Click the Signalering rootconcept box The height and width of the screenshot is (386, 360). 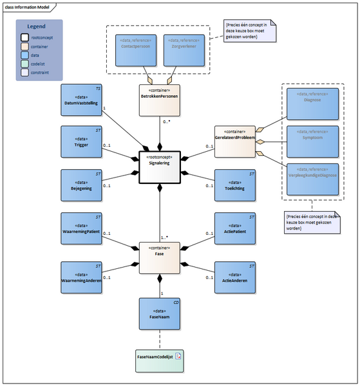point(159,167)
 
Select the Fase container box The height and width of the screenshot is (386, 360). point(159,254)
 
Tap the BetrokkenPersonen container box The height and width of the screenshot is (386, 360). point(159,102)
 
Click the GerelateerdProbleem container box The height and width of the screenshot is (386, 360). point(235,142)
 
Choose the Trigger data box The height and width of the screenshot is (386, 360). point(81,142)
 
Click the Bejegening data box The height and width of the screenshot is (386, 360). point(81,185)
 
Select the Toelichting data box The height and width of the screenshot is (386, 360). point(235,185)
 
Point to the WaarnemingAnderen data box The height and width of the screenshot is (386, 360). point(81,278)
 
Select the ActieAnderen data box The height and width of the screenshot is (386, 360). point(235,278)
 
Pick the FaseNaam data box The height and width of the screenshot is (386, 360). point(159,315)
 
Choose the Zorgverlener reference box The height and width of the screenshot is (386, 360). point(184,50)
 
